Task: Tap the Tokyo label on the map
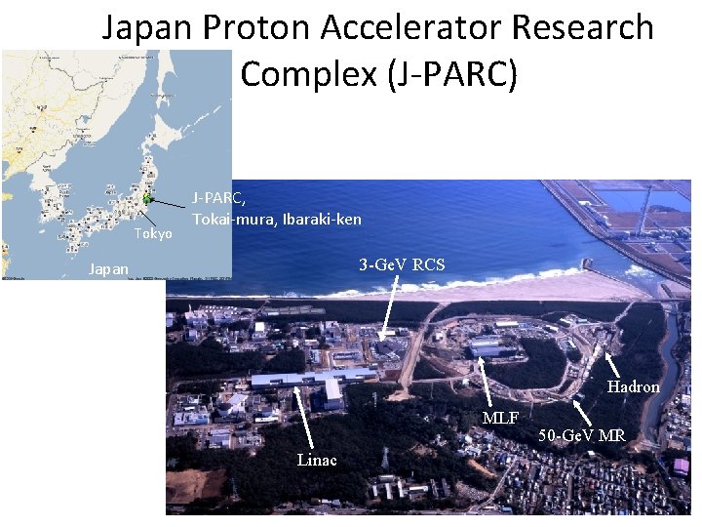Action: (153, 234)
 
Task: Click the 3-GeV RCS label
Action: (401, 264)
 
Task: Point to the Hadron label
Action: (634, 386)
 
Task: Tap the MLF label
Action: (501, 418)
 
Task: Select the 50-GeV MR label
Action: (582, 434)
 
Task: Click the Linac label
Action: (317, 460)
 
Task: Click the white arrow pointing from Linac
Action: (306, 417)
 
